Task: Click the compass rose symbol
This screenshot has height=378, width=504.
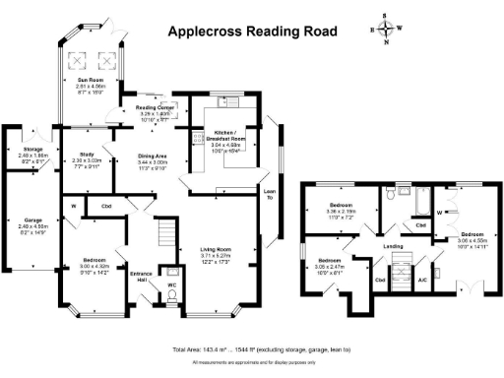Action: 386,30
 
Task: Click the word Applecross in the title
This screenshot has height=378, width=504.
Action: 204,31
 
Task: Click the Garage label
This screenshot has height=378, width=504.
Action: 29,220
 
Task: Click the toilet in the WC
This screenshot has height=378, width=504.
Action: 173,273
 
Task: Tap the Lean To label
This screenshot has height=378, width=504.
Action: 269,193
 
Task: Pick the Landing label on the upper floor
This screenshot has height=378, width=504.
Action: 393,246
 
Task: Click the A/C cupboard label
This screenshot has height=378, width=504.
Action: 422,280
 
